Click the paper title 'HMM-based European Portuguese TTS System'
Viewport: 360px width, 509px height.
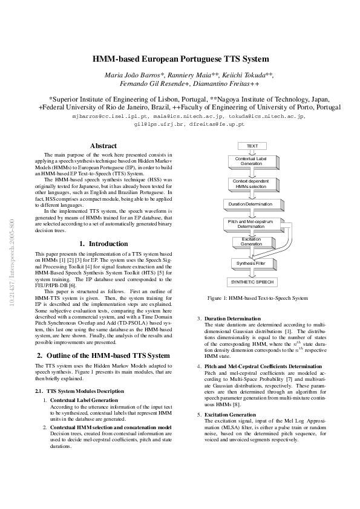click(x=180, y=59)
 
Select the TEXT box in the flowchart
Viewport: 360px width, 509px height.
click(x=252, y=146)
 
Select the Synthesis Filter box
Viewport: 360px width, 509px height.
click(x=252, y=263)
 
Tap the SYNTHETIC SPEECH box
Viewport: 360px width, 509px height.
click(x=252, y=282)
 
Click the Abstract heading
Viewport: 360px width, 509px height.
click(x=103, y=146)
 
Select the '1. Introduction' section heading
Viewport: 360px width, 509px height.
click(x=103, y=244)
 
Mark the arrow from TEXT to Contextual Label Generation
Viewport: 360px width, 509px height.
click(x=252, y=152)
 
